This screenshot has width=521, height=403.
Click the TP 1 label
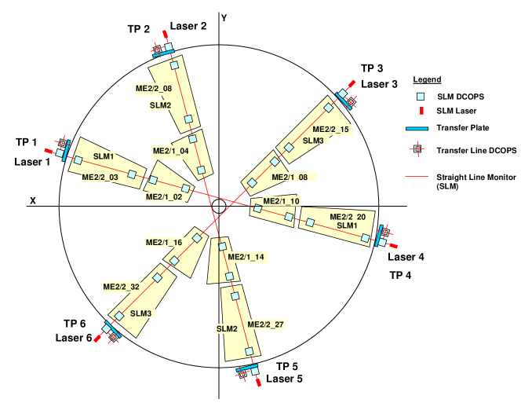point(26,142)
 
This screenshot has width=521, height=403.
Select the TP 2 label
point(139,30)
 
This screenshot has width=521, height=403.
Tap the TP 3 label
point(372,68)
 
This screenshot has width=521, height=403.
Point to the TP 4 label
point(400,275)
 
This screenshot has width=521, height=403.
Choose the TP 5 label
point(288,366)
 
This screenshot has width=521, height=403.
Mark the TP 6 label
point(77,324)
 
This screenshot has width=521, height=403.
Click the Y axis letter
point(224,18)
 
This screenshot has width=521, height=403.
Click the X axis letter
point(33,201)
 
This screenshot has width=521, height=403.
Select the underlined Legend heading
point(428,79)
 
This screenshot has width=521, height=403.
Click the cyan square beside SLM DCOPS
point(421,97)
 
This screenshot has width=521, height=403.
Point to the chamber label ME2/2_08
point(154,89)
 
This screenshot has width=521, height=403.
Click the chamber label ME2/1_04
point(170,151)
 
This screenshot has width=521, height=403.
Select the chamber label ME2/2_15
point(331,130)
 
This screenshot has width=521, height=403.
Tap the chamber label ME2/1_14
point(246,257)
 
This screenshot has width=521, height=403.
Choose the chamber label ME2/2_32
point(121,288)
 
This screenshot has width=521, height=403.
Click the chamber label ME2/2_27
point(266,324)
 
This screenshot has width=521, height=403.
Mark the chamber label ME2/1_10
point(281,202)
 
